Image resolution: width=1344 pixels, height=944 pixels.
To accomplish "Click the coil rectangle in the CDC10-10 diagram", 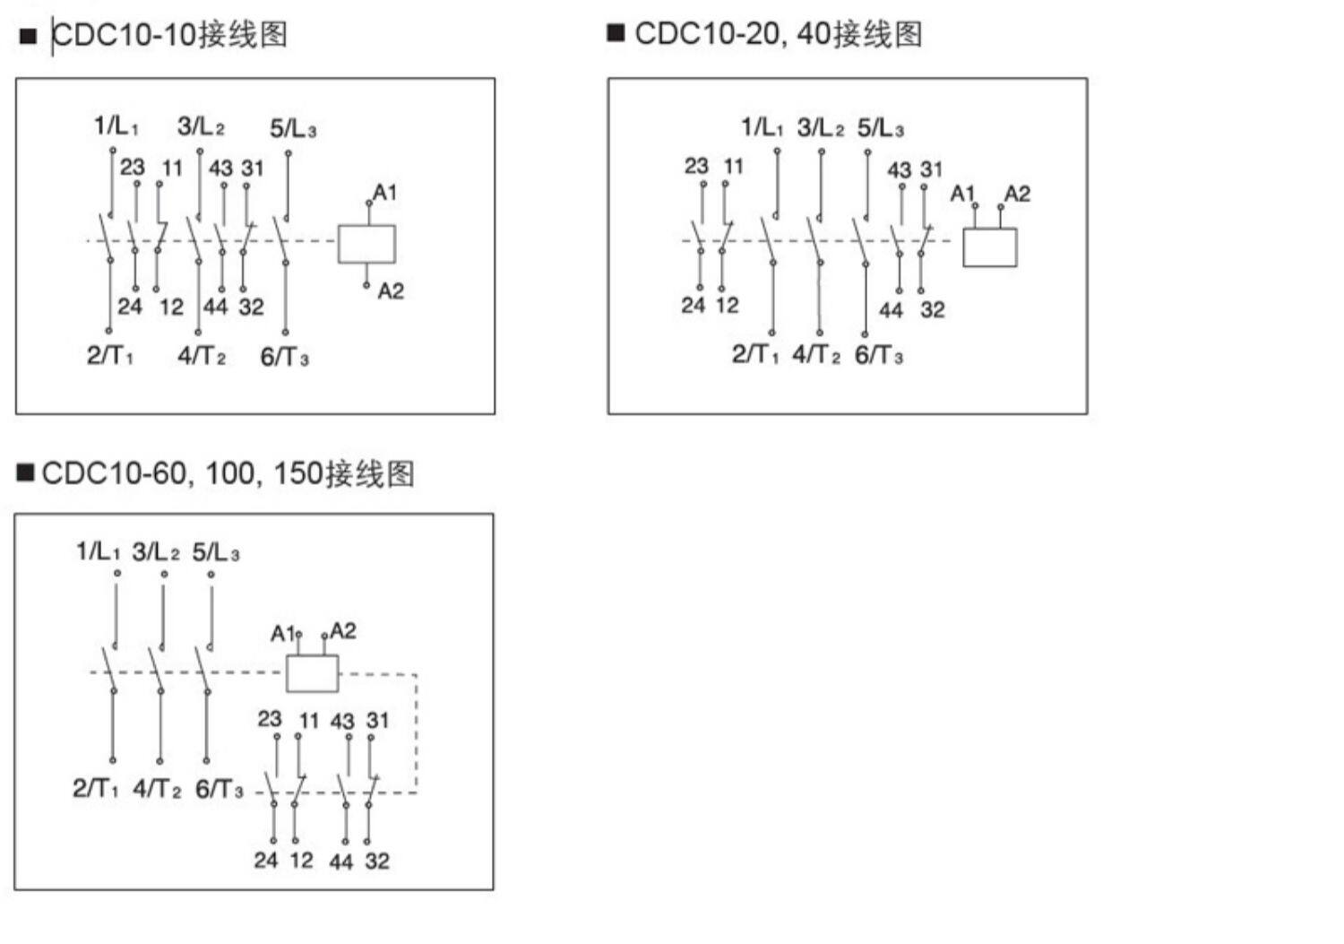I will coord(366,244).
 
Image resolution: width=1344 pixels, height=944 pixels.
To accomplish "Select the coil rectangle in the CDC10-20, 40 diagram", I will coord(989,247).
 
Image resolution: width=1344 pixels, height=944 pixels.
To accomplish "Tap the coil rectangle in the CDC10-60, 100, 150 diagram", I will coord(312,673).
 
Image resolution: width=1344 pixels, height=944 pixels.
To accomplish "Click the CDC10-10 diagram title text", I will coord(170,35).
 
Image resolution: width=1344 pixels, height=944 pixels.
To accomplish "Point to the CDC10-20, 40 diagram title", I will coord(778,34).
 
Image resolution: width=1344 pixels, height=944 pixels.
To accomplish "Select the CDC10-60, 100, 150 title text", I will coord(228,473).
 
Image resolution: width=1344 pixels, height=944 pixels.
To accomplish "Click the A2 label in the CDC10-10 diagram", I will coord(391,291).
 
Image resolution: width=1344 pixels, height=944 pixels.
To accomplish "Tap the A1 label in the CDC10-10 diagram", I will coord(384,193).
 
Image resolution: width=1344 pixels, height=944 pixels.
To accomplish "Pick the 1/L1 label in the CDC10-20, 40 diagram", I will coord(762,128).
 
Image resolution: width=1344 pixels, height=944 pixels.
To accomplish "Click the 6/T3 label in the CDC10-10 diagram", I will coord(284,358).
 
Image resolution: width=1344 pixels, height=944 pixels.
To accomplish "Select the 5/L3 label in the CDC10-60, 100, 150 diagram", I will coord(215,552).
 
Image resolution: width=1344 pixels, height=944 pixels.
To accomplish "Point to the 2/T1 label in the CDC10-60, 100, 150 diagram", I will coord(95,789).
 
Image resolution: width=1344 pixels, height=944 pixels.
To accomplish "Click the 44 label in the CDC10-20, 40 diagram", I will coord(891,311).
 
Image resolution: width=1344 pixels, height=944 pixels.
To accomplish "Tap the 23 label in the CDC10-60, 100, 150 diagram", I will coord(270,719).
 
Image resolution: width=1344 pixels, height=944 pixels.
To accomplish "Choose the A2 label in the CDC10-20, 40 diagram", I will coord(1017,195).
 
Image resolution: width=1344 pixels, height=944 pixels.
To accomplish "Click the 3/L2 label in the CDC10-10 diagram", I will coord(201,126).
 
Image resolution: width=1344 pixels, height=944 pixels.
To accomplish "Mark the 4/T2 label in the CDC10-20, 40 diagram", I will coord(816,355).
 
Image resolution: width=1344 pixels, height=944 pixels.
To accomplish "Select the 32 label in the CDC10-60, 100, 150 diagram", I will coord(377,862).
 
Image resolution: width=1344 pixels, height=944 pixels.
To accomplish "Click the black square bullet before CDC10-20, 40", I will coord(616,33).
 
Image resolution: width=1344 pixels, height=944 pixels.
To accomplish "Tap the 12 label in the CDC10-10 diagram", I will coord(171,307).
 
